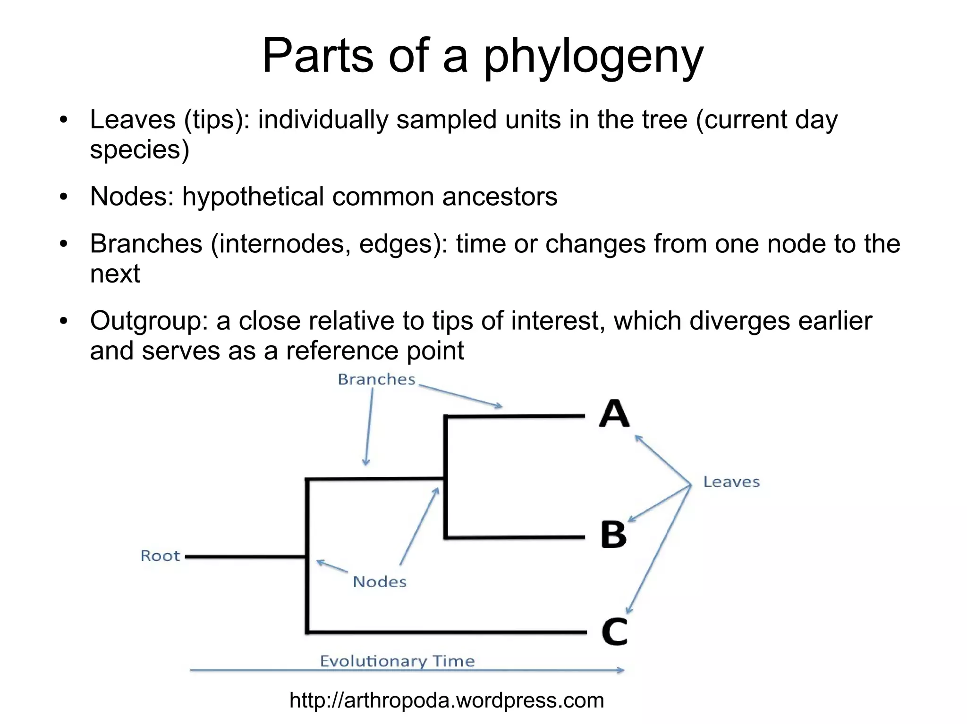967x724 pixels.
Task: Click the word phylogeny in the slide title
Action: click(594, 57)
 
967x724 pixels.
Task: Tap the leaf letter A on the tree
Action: click(614, 414)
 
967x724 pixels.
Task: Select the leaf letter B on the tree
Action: click(613, 535)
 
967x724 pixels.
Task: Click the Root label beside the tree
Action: click(160, 556)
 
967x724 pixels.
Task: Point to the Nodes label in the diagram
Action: click(380, 582)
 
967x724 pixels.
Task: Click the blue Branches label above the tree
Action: click(376, 380)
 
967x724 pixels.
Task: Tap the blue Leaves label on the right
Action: click(731, 482)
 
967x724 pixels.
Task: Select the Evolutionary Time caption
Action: click(397, 661)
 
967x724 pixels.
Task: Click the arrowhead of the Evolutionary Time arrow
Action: click(620, 670)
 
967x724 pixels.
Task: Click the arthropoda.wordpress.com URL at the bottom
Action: click(447, 700)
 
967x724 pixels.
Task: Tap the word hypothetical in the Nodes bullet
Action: click(253, 197)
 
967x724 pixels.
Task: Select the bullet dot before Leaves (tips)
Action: click(64, 120)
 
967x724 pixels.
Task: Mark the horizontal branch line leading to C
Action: click(446, 632)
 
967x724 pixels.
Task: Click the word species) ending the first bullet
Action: click(139, 150)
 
